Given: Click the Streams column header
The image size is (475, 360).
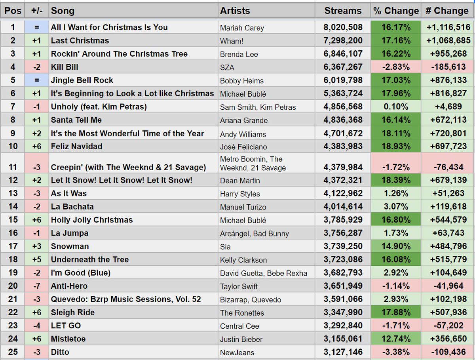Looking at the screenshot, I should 343,11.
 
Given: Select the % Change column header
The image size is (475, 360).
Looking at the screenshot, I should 395,11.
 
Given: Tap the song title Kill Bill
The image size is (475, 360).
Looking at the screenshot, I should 65,67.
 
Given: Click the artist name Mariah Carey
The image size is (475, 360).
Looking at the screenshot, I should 242,28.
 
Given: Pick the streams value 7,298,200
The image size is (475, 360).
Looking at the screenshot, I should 343,41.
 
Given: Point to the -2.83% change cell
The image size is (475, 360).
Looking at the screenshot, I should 395,67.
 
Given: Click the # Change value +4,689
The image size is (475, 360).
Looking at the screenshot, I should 448,107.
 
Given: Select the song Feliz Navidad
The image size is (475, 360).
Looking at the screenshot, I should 76,147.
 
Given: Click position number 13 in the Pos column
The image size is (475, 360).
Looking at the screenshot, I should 13,194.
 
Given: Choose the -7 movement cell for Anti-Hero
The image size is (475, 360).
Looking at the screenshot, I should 36,286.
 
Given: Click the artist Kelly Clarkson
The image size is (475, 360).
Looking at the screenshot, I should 243,260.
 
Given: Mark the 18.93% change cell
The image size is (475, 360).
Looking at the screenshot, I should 395,147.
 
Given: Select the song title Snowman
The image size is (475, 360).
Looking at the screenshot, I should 70,247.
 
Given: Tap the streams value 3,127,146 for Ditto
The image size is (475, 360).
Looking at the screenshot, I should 343,352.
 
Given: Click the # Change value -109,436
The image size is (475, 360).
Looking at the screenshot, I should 448,352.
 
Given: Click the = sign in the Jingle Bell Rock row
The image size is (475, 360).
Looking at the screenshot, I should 36,80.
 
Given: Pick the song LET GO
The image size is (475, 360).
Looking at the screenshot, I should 66,326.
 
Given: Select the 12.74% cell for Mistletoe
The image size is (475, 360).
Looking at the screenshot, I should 395,339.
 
